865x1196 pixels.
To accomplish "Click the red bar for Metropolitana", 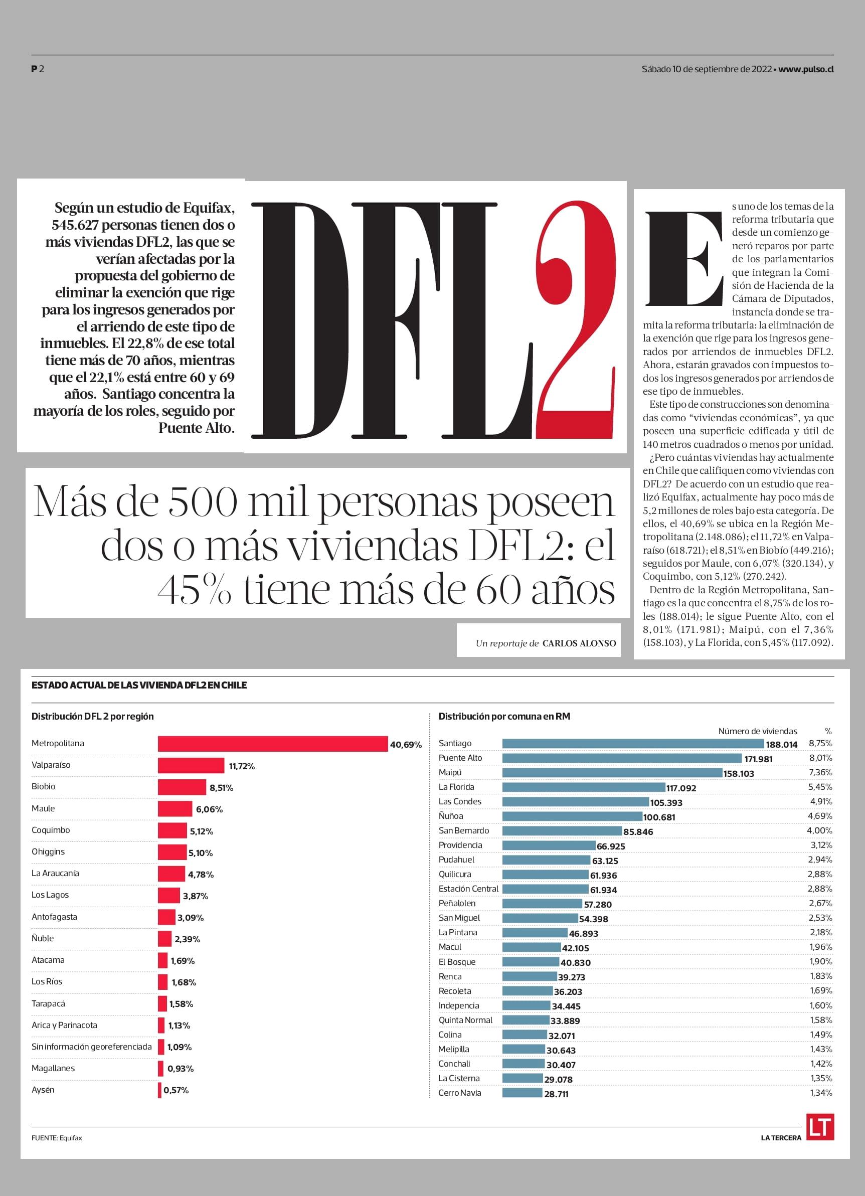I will [273, 744].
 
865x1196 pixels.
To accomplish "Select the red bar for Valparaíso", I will [191, 766].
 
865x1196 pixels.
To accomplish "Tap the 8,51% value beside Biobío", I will [221, 788].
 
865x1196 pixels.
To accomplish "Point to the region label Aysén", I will [43, 1090].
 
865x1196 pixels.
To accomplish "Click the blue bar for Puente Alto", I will [622, 758].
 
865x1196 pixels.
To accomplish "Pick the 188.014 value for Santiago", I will [782, 745].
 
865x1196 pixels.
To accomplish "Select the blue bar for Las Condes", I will [576, 801].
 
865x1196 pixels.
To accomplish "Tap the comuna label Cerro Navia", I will [459, 1093].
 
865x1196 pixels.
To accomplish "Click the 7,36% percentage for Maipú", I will [821, 773].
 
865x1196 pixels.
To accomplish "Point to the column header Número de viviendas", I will [757, 732].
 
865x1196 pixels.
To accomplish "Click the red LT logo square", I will [820, 1126].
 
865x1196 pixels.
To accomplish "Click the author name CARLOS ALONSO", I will [579, 643].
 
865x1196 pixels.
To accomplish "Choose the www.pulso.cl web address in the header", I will [806, 69].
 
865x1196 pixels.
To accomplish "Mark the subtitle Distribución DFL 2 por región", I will [93, 717].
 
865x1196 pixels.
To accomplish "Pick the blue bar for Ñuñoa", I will [572, 816].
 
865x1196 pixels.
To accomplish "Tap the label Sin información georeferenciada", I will [91, 1047].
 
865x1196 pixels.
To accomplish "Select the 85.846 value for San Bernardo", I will [638, 832].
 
